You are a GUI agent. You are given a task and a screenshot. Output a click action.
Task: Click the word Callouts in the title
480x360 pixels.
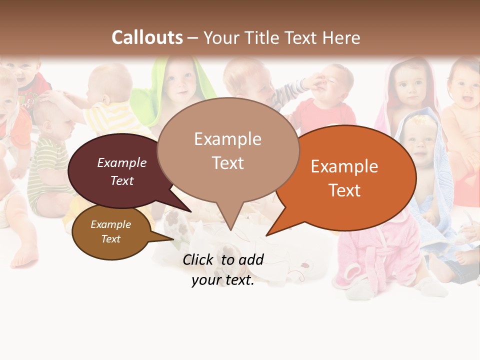click(x=147, y=37)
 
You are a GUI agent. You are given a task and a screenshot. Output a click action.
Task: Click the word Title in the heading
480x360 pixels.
click(x=262, y=37)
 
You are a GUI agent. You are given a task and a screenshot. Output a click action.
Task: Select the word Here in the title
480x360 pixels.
click(x=342, y=37)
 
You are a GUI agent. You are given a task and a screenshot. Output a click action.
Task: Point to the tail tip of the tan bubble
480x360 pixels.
click(x=230, y=230)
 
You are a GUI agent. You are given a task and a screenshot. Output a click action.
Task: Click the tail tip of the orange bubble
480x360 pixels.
click(x=267, y=234)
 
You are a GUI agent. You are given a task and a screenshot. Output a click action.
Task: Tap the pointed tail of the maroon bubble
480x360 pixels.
click(x=190, y=211)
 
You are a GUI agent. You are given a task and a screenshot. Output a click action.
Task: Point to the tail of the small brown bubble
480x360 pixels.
click(x=173, y=239)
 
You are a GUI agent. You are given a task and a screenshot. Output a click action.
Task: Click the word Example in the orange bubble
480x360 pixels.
click(x=344, y=166)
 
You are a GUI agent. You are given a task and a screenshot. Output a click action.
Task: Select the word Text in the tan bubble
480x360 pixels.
click(x=228, y=163)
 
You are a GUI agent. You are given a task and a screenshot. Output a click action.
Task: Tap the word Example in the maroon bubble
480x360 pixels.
click(x=122, y=163)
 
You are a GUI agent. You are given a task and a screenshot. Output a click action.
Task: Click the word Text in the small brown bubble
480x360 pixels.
click(x=111, y=239)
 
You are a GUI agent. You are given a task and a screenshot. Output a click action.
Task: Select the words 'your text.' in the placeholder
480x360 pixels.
click(x=223, y=280)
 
